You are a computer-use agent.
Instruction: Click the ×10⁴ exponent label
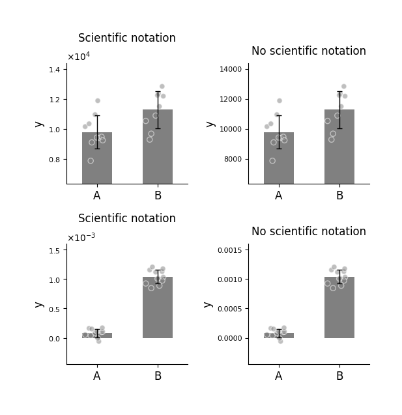[79, 56]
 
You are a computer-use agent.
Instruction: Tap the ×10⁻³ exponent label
[81, 237]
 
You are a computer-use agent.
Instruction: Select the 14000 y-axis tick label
[231, 69]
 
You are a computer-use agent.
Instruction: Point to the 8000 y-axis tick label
[233, 160]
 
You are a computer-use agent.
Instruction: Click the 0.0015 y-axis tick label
[230, 250]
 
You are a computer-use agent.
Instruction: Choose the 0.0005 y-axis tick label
[230, 309]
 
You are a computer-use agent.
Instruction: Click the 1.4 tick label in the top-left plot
[54, 70]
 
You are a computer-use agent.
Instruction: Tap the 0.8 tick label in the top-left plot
[54, 160]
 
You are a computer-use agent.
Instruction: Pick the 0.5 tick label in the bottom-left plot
[54, 309]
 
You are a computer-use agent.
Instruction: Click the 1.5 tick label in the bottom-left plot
[54, 251]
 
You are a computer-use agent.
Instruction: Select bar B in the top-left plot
[158, 147]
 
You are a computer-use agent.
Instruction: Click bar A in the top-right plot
[279, 158]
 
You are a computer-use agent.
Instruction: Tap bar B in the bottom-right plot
[339, 308]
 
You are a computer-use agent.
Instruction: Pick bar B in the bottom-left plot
[158, 308]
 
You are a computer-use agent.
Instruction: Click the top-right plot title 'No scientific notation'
[309, 51]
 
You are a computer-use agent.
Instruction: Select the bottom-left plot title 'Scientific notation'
[127, 218]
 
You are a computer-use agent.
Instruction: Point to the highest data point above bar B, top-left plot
[162, 86]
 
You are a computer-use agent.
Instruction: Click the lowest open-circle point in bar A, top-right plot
[272, 161]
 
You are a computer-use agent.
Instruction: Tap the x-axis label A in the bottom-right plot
[279, 376]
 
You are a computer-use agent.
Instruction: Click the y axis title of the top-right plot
[210, 124]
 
